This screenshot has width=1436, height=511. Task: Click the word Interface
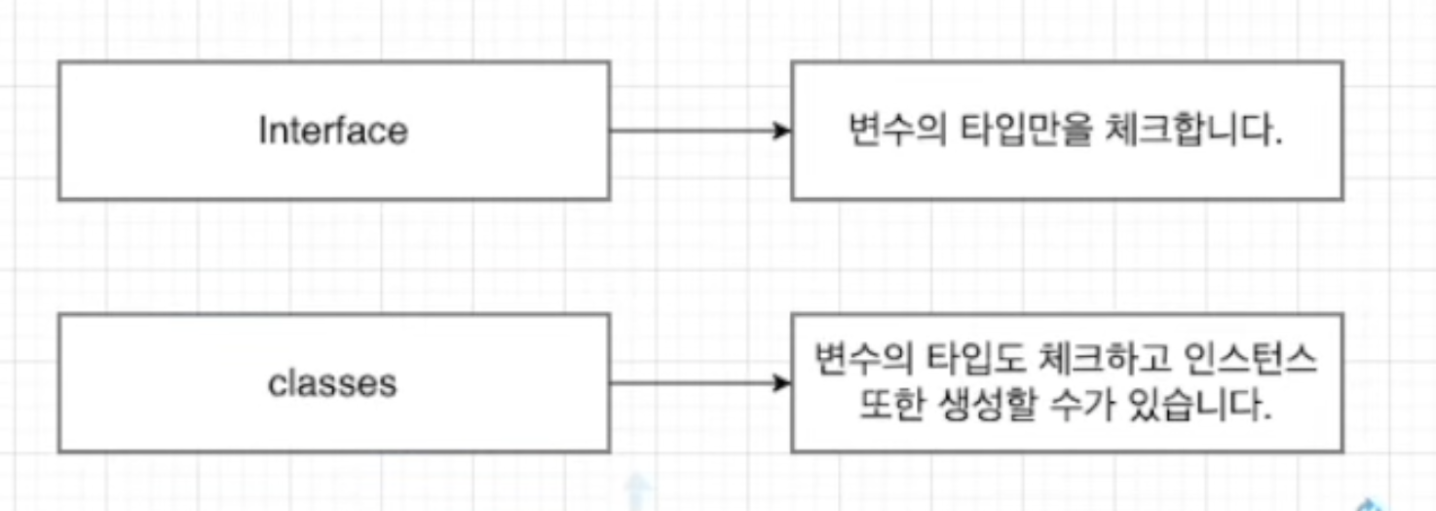coord(333,131)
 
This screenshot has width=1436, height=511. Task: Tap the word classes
coord(332,382)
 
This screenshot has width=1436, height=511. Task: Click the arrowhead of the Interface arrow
coord(781,131)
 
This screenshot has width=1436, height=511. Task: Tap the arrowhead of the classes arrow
coord(781,382)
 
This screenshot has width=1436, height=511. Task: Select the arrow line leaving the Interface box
coord(692,131)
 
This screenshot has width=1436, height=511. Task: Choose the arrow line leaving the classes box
coord(692,382)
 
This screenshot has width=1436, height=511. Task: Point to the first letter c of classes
coord(276,383)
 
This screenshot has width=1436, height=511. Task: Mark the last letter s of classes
coord(389,383)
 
